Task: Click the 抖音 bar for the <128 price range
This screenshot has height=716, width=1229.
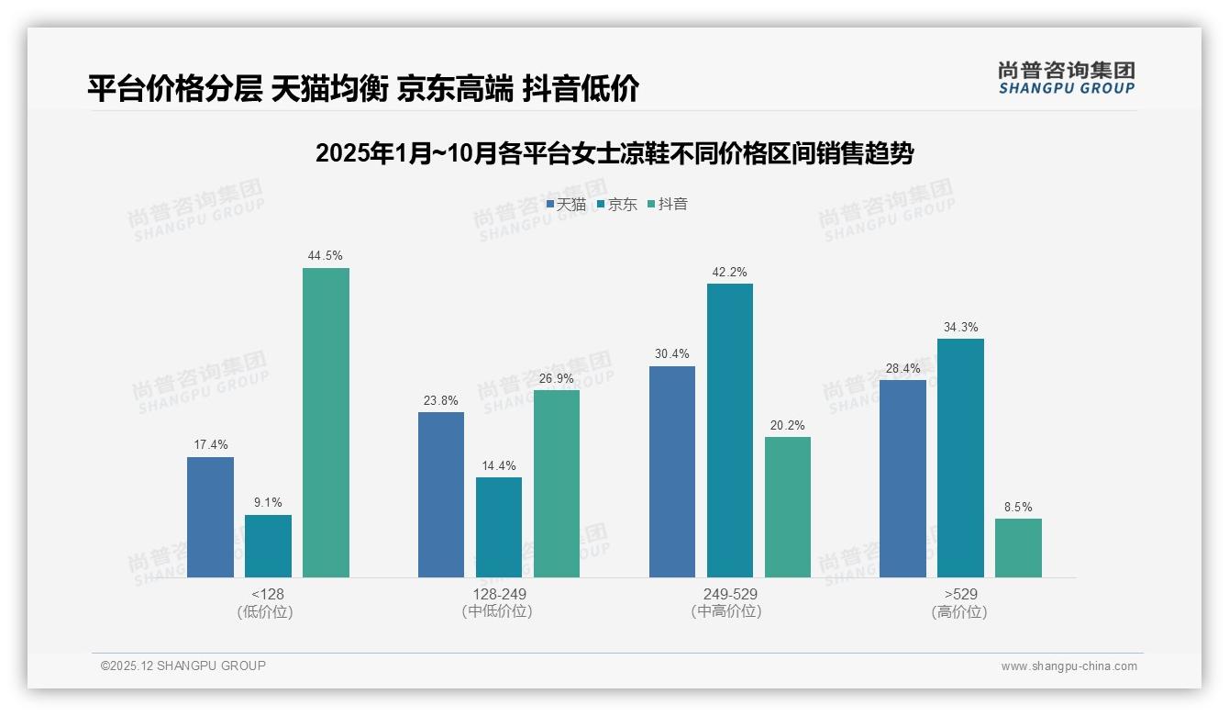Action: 326,422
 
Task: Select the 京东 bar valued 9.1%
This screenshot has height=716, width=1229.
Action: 268,546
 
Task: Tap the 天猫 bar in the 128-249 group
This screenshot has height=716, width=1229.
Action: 441,495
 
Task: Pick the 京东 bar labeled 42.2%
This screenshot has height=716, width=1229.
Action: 730,431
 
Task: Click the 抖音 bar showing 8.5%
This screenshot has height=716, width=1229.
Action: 1018,548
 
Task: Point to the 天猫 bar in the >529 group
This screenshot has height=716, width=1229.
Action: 902,478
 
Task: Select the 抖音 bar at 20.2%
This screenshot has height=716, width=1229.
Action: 788,507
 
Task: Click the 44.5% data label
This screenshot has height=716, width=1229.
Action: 326,256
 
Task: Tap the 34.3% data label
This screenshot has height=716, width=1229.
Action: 960,328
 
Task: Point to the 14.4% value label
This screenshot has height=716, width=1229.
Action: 499,466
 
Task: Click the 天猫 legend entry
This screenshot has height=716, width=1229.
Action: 567,205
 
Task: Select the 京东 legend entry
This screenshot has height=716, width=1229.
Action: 617,205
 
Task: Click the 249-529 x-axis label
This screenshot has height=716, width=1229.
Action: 730,594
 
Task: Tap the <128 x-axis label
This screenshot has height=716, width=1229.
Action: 268,594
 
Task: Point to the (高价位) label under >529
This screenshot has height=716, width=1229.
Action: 959,612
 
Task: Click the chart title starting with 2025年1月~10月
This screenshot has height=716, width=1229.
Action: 614,153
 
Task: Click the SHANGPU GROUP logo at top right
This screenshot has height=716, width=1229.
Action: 1066,78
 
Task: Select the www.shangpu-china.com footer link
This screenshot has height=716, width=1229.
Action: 1068,666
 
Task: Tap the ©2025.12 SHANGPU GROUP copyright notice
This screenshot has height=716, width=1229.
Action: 183,666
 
